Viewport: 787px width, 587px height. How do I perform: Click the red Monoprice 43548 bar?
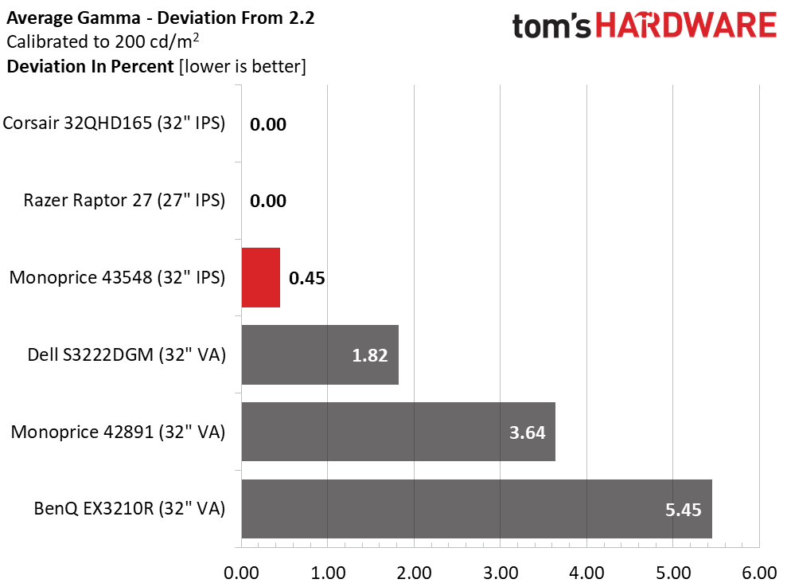pyautogui.click(x=260, y=277)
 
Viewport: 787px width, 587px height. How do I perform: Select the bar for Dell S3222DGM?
pyautogui.click(x=320, y=354)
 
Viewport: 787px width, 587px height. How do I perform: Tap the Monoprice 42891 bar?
pyautogui.click(x=399, y=432)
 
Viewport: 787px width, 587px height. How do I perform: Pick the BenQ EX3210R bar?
pyautogui.click(x=477, y=509)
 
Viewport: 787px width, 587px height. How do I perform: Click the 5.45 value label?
pyautogui.click(x=683, y=510)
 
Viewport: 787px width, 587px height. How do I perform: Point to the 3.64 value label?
pyautogui.click(x=527, y=432)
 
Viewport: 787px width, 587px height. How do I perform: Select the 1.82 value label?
pyautogui.click(x=370, y=356)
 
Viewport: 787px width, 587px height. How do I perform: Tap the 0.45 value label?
pyautogui.click(x=306, y=279)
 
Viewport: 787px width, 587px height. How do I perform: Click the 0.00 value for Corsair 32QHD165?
pyautogui.click(x=268, y=124)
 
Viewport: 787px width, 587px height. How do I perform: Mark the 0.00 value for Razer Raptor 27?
pyautogui.click(x=268, y=201)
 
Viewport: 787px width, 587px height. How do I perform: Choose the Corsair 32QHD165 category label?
pyautogui.click(x=114, y=123)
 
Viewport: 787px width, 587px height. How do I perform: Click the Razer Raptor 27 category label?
pyautogui.click(x=124, y=200)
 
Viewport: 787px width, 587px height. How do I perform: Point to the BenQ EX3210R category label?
pyautogui.click(x=130, y=509)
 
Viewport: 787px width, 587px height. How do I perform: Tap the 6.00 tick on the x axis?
pyautogui.click(x=759, y=573)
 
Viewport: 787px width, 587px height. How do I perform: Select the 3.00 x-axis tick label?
pyautogui.click(x=501, y=573)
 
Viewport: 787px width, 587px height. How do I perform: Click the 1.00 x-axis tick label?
pyautogui.click(x=328, y=573)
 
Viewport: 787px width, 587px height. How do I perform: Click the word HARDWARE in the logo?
pyautogui.click(x=686, y=25)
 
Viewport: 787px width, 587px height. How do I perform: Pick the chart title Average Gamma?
pyautogui.click(x=73, y=18)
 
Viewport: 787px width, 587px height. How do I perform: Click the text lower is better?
pyautogui.click(x=243, y=66)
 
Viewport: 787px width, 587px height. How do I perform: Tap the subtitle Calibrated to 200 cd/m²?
pyautogui.click(x=103, y=41)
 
